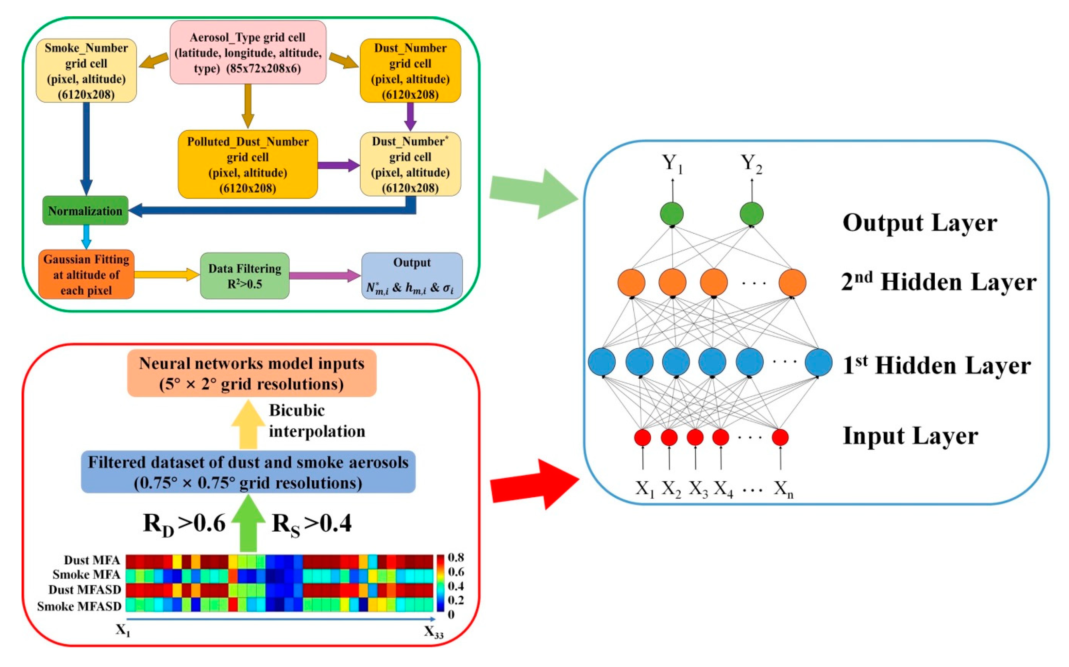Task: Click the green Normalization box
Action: (x=85, y=210)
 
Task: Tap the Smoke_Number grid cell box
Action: (x=86, y=71)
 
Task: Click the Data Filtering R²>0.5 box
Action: (x=245, y=276)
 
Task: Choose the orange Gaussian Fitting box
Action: (x=86, y=274)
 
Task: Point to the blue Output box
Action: (x=412, y=276)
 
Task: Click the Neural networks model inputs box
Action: (x=251, y=373)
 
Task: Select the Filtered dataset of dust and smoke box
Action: (x=248, y=472)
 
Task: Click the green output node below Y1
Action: (x=672, y=214)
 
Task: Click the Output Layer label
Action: (x=920, y=223)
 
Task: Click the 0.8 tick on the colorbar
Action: (x=456, y=558)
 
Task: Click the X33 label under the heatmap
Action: (x=433, y=632)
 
